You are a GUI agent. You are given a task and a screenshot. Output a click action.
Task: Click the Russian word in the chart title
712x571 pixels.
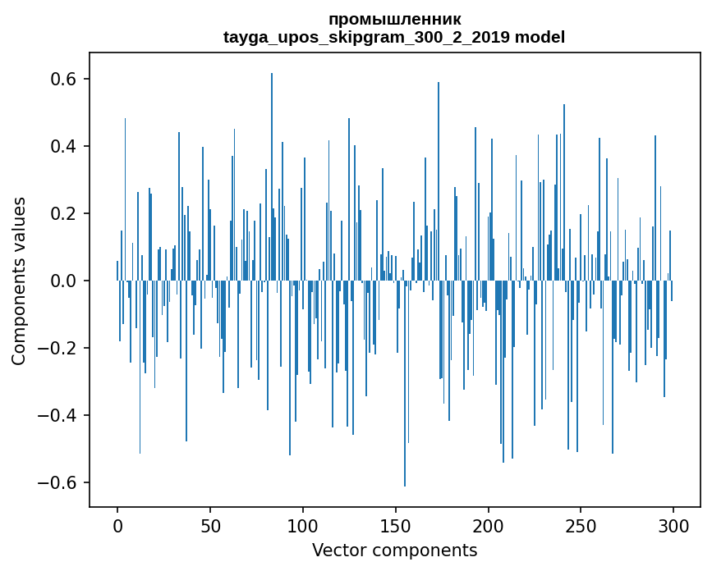click(394, 20)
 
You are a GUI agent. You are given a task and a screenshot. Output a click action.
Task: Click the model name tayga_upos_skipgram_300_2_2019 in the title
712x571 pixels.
click(366, 37)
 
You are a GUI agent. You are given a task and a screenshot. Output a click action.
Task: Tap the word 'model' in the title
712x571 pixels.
click(540, 37)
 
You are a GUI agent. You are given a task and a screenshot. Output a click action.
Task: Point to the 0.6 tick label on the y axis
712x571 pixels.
click(62, 79)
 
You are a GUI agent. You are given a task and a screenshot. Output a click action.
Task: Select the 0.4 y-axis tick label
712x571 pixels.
click(62, 146)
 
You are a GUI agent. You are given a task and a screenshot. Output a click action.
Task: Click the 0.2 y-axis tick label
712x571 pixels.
click(62, 213)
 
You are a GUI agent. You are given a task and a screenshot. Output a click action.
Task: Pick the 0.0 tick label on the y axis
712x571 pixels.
click(62, 281)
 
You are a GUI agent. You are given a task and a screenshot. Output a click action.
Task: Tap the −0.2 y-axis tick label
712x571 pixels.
click(57, 348)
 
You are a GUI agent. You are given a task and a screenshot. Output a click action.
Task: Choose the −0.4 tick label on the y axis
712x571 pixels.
click(57, 415)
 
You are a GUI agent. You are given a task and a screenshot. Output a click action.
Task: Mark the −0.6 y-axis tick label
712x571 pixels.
click(57, 482)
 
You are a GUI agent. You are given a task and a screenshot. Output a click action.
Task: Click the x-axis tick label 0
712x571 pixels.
click(117, 527)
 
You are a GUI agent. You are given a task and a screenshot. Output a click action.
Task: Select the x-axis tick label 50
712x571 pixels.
click(210, 527)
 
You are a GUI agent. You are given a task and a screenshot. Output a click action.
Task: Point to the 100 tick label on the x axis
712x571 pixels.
click(303, 527)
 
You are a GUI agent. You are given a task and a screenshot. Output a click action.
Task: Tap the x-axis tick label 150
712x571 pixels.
click(396, 527)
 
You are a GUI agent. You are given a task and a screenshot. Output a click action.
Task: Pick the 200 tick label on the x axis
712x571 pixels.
click(488, 527)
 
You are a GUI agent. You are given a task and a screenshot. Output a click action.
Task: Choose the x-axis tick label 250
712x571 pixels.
click(581, 527)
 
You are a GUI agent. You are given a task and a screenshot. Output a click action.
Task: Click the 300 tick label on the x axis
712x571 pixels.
click(673, 527)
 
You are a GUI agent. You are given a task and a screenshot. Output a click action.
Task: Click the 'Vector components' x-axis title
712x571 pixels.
click(394, 550)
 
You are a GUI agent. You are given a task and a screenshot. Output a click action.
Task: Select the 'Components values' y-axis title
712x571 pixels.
click(19, 281)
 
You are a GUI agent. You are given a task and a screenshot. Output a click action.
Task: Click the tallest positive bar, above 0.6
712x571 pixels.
click(272, 177)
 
